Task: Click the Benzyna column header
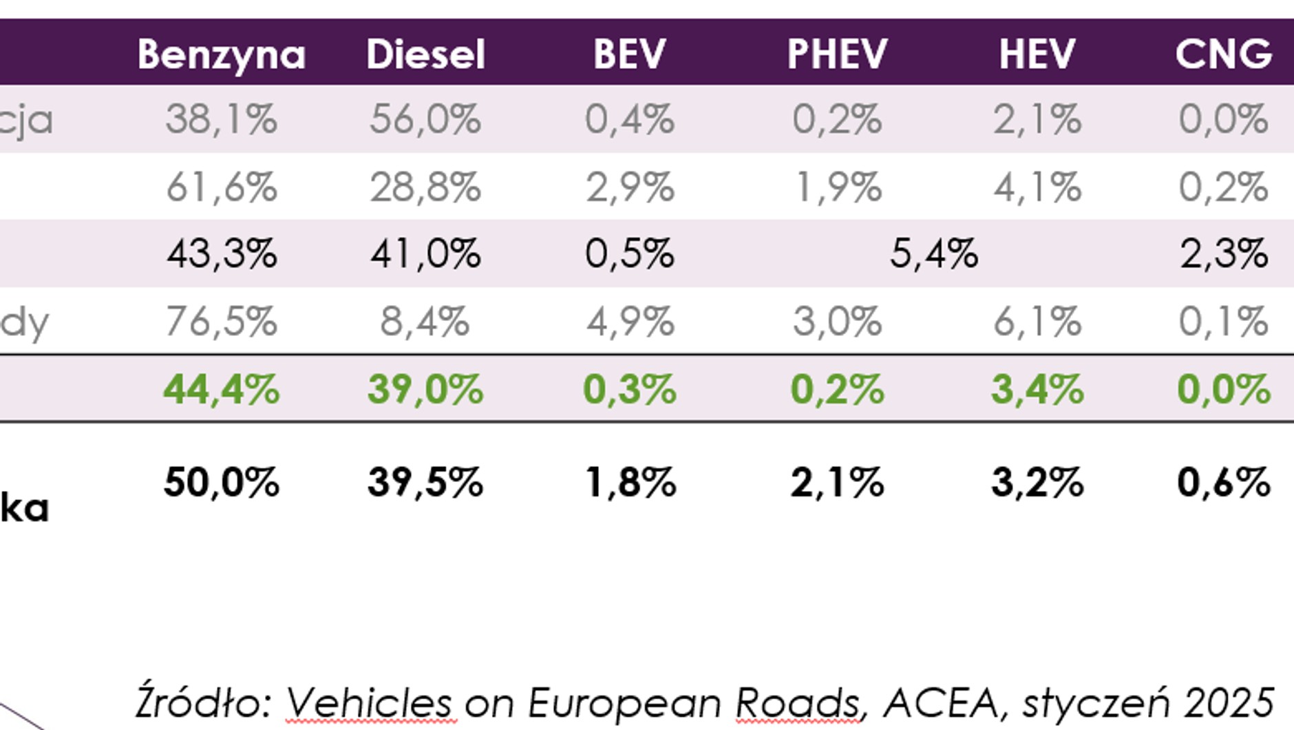click(221, 54)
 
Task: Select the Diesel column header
click(425, 54)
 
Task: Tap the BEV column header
click(630, 54)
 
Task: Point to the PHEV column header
click(837, 54)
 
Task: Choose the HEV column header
click(1037, 54)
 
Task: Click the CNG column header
click(1223, 54)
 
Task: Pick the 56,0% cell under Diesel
click(425, 119)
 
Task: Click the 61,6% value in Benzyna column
click(221, 187)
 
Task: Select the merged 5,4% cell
click(933, 253)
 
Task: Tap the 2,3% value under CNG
click(1223, 253)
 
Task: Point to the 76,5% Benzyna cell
click(221, 321)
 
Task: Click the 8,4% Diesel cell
click(425, 321)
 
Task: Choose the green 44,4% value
click(221, 388)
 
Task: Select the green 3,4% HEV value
click(1037, 388)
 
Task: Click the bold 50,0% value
click(221, 481)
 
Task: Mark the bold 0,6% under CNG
click(1223, 481)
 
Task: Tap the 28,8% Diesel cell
click(425, 187)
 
